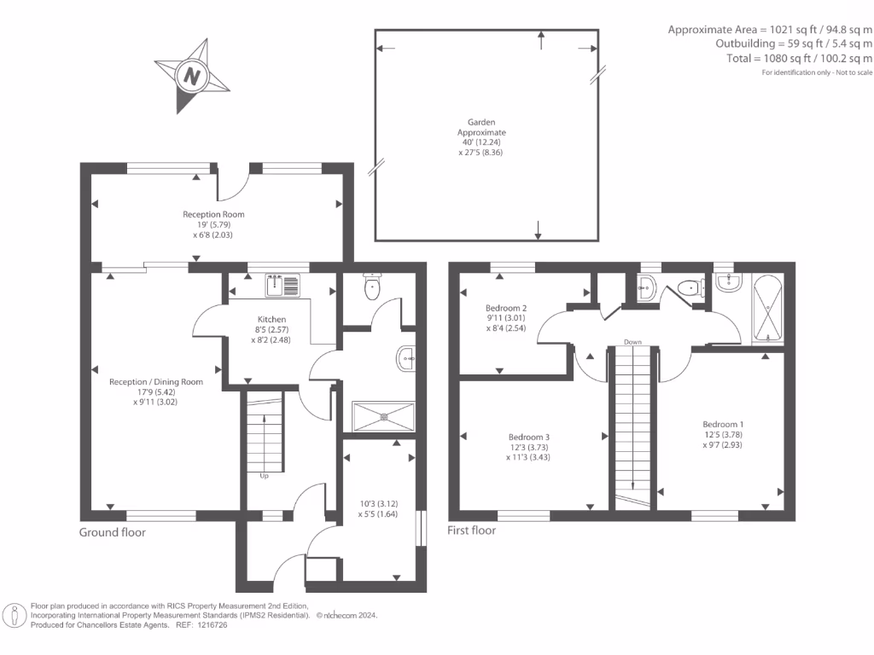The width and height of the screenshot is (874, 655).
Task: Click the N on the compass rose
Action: [192, 76]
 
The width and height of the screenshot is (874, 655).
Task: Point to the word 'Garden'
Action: [481, 122]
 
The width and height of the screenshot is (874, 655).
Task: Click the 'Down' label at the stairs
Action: [632, 342]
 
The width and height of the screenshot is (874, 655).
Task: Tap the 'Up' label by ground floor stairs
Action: [264, 476]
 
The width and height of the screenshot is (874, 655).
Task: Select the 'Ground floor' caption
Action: [113, 532]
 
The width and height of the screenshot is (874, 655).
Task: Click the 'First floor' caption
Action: [471, 530]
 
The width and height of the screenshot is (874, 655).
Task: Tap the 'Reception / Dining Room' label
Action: [156, 382]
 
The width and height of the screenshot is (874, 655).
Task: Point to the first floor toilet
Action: [688, 287]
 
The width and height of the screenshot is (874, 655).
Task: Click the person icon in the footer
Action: [15, 615]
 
